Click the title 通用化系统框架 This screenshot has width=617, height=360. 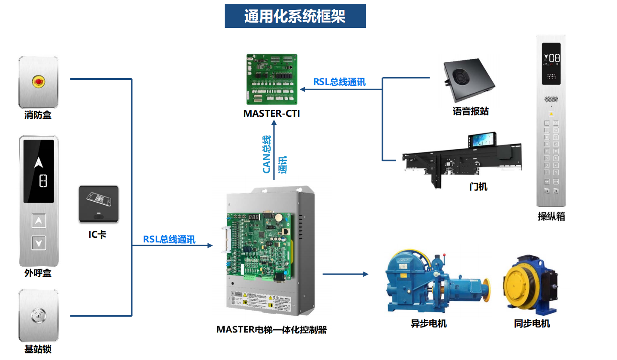pyautogui.click(x=295, y=16)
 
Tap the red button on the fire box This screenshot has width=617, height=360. pyautogui.click(x=38, y=81)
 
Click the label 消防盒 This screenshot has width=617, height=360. pyautogui.click(x=38, y=115)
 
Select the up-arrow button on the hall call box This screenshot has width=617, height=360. pyautogui.click(x=39, y=221)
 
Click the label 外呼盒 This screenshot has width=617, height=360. pyautogui.click(x=38, y=273)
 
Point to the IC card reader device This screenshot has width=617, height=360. pyautogui.click(x=99, y=204)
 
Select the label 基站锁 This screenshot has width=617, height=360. pyautogui.click(x=38, y=349)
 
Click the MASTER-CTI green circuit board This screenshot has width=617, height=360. pyautogui.click(x=272, y=79)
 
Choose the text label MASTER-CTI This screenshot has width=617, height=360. pyautogui.click(x=271, y=114)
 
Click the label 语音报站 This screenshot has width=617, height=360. pyautogui.click(x=470, y=112)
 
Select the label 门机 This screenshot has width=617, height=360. pyautogui.click(x=479, y=187)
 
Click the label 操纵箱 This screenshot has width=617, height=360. pyautogui.click(x=551, y=217)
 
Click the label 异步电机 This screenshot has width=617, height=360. pyautogui.click(x=428, y=324)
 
